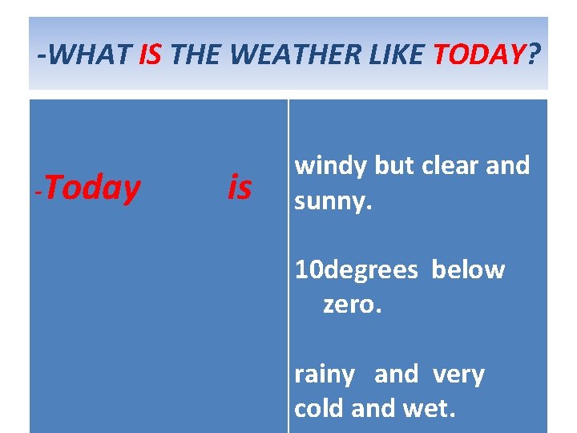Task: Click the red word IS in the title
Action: pos(151,55)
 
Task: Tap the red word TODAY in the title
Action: pos(478,55)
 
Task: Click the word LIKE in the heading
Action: pos(397,55)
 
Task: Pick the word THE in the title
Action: pos(196,55)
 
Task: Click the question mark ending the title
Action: pos(534,55)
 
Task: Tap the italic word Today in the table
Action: pos(98,188)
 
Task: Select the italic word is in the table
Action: pos(239,188)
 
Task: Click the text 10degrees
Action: pos(356,270)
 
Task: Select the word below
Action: pos(468,270)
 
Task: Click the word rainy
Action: pos(325,374)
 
